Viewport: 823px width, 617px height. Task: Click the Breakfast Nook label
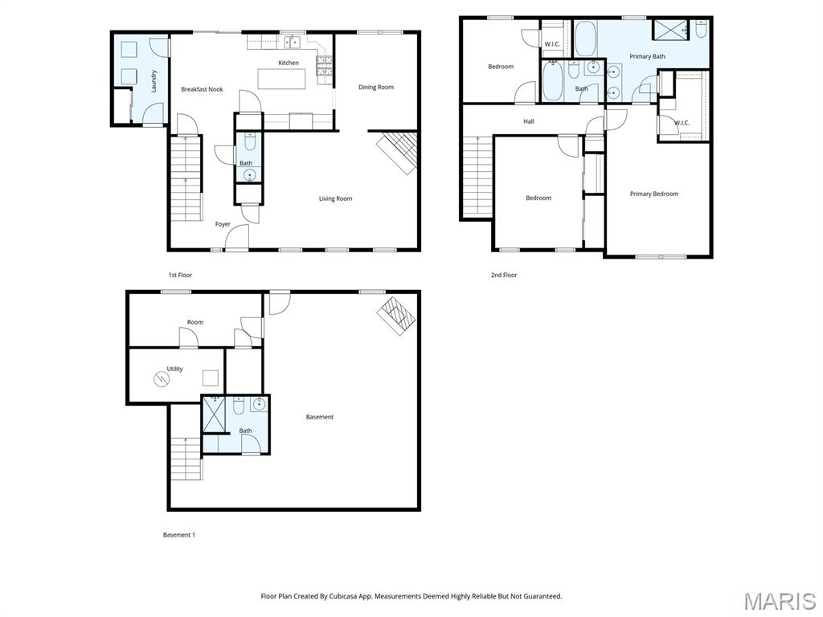202,89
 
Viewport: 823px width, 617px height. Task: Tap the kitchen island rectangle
281,79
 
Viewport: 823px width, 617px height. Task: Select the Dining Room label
376,87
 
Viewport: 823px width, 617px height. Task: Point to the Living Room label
335,198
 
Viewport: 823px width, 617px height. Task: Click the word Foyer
223,224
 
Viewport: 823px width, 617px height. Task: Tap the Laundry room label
154,81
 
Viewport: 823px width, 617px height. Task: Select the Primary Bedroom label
654,194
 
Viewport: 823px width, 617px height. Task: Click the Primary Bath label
647,56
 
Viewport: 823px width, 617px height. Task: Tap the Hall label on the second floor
529,121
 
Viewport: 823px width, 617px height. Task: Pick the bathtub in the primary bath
585,39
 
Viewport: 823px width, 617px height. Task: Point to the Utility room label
174,369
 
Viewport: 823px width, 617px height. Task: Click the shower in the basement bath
214,415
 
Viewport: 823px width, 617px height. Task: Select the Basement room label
320,417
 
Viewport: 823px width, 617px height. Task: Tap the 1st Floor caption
180,275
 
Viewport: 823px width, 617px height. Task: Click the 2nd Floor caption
504,275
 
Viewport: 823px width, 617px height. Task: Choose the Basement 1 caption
179,535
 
